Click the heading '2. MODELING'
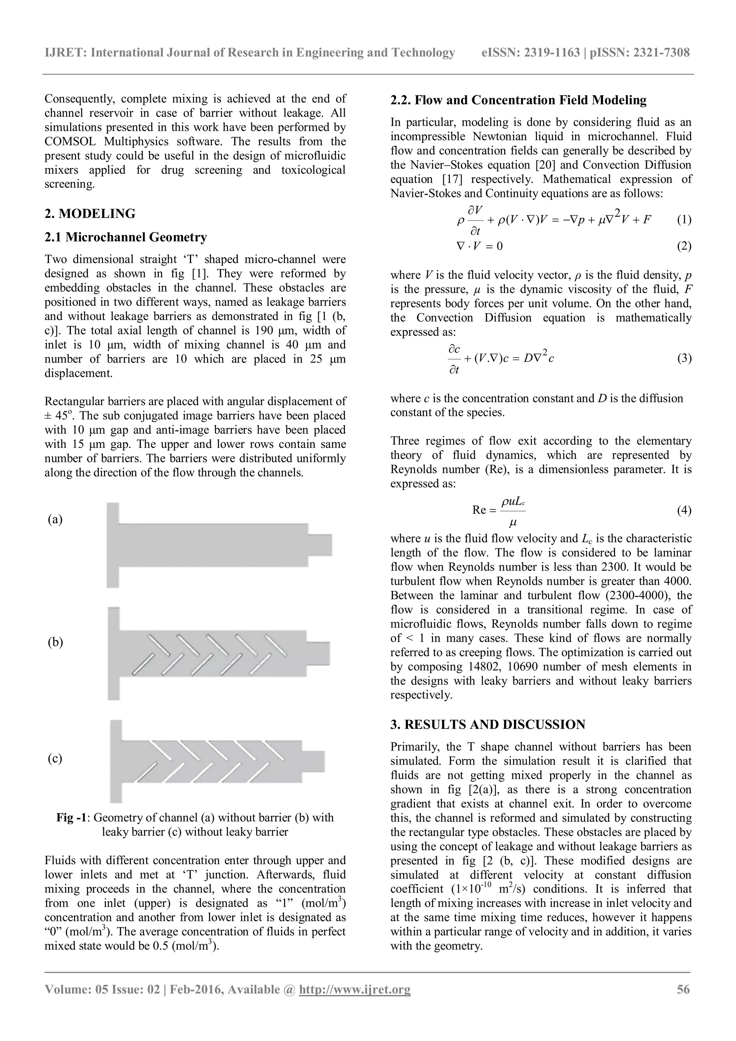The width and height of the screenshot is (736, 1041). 90,213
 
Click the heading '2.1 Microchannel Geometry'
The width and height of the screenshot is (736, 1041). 126,237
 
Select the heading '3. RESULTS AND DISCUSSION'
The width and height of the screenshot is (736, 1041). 488,725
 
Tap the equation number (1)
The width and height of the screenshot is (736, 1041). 684,220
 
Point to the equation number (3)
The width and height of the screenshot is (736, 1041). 684,358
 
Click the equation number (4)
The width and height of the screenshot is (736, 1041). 684,510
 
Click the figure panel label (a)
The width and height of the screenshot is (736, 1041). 55,519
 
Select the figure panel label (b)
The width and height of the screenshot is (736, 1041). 55,643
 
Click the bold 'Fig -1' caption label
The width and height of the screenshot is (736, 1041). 71,818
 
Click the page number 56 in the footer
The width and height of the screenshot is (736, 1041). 683,989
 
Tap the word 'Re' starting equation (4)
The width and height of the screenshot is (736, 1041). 479,510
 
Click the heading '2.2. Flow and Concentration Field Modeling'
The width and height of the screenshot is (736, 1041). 518,100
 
